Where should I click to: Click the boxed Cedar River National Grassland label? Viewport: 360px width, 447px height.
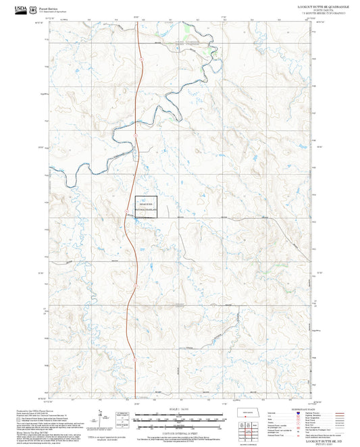click(147, 207)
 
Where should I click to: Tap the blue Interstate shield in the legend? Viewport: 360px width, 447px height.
click(298, 413)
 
